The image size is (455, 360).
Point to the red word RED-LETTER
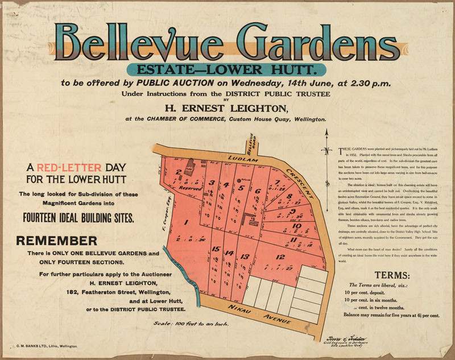click(x=69, y=168)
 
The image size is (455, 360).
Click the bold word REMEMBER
click(x=57, y=241)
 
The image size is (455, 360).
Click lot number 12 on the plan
click(x=280, y=257)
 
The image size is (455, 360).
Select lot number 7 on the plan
click(x=276, y=183)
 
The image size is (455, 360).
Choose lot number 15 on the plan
click(x=216, y=249)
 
